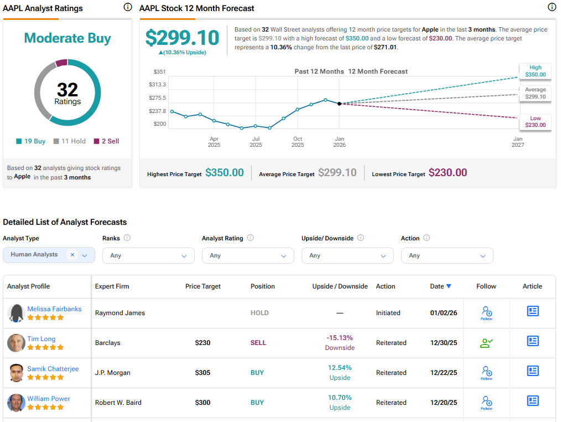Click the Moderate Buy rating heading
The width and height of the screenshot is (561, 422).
[x=67, y=38]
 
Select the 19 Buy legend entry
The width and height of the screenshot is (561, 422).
[x=31, y=141]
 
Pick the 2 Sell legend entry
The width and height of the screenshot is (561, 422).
[x=106, y=141]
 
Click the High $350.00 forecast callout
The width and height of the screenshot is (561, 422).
[x=534, y=71]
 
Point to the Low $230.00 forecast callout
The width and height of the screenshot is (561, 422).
[x=534, y=121]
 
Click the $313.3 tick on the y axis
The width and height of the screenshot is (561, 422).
[x=157, y=84]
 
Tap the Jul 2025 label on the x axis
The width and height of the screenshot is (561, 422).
[x=256, y=142]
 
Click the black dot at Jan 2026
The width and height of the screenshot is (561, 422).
[x=339, y=104]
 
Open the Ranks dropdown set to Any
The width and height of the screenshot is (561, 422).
[x=148, y=255]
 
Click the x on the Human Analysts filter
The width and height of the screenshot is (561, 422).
[x=72, y=255]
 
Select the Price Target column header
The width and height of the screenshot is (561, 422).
[x=203, y=286]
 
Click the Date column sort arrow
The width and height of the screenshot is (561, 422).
[x=449, y=286]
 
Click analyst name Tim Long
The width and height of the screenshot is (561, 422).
[x=41, y=339]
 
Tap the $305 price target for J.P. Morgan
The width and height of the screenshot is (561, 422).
[x=203, y=373]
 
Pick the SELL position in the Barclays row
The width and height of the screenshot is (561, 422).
[x=258, y=343]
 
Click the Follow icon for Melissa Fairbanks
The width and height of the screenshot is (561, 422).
[x=486, y=312]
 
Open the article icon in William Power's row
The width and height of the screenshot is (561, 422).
[x=532, y=400]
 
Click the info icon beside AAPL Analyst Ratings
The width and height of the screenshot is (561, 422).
[x=128, y=7]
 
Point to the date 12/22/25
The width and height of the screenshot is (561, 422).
[x=444, y=373]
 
